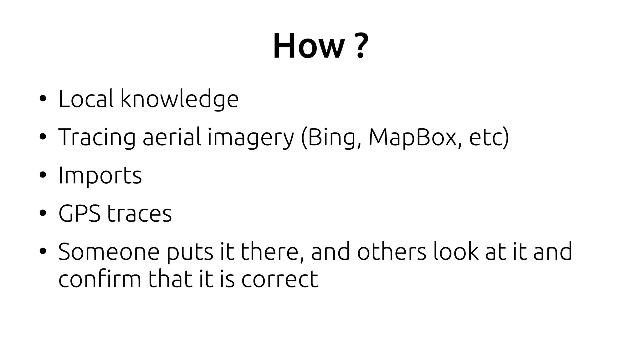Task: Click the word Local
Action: click(x=86, y=99)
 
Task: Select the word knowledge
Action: click(x=179, y=100)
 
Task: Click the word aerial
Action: click(x=172, y=137)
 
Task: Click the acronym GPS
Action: click(x=79, y=213)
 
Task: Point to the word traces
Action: click(x=139, y=214)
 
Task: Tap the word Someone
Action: click(x=109, y=252)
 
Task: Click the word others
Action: click(x=392, y=252)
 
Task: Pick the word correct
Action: click(x=279, y=279)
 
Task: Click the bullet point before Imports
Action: click(x=43, y=175)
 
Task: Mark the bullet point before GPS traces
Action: click(x=43, y=213)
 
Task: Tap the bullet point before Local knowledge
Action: click(x=43, y=99)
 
